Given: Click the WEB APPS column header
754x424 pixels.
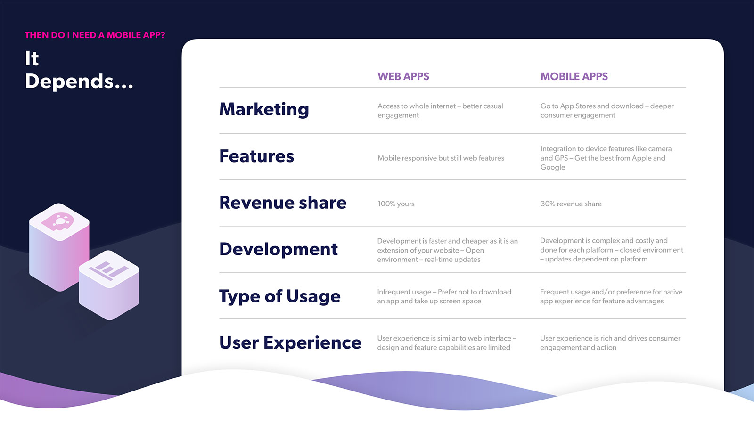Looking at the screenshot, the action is point(403,76).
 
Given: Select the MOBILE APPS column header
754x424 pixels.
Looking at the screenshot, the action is point(574,76).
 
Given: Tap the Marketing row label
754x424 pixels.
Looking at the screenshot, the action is point(264,110).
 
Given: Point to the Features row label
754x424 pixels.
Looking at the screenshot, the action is point(256,156).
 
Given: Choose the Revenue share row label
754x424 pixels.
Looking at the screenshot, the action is point(283,203).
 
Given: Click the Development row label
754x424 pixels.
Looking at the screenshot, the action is point(279,249).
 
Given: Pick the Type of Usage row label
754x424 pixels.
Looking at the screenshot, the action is point(280,296).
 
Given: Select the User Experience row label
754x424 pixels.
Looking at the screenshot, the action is point(290,343).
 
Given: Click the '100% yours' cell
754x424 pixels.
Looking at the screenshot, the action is point(396,204).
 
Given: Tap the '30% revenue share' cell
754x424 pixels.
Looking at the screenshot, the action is point(571,204).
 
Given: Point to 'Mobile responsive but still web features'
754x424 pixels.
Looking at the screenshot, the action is point(441,158).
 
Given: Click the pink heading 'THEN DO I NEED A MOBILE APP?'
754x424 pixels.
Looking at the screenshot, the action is point(95,35).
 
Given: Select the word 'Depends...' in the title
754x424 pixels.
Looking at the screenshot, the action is point(79,82).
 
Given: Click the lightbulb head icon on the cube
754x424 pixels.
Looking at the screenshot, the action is point(57,221).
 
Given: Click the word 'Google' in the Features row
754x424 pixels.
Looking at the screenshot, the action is point(552,168).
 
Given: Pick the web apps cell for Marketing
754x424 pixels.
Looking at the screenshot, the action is point(440,111).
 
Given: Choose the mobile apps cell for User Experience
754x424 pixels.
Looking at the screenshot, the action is point(610,343).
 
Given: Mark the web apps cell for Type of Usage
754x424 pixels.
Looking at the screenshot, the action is point(444,296).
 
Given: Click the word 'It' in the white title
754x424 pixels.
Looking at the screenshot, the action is point(32,58).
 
